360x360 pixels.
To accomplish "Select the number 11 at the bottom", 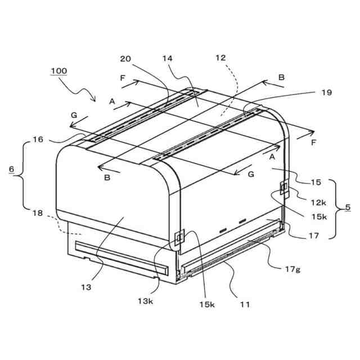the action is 245,304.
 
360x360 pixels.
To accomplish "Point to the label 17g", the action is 292,270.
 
